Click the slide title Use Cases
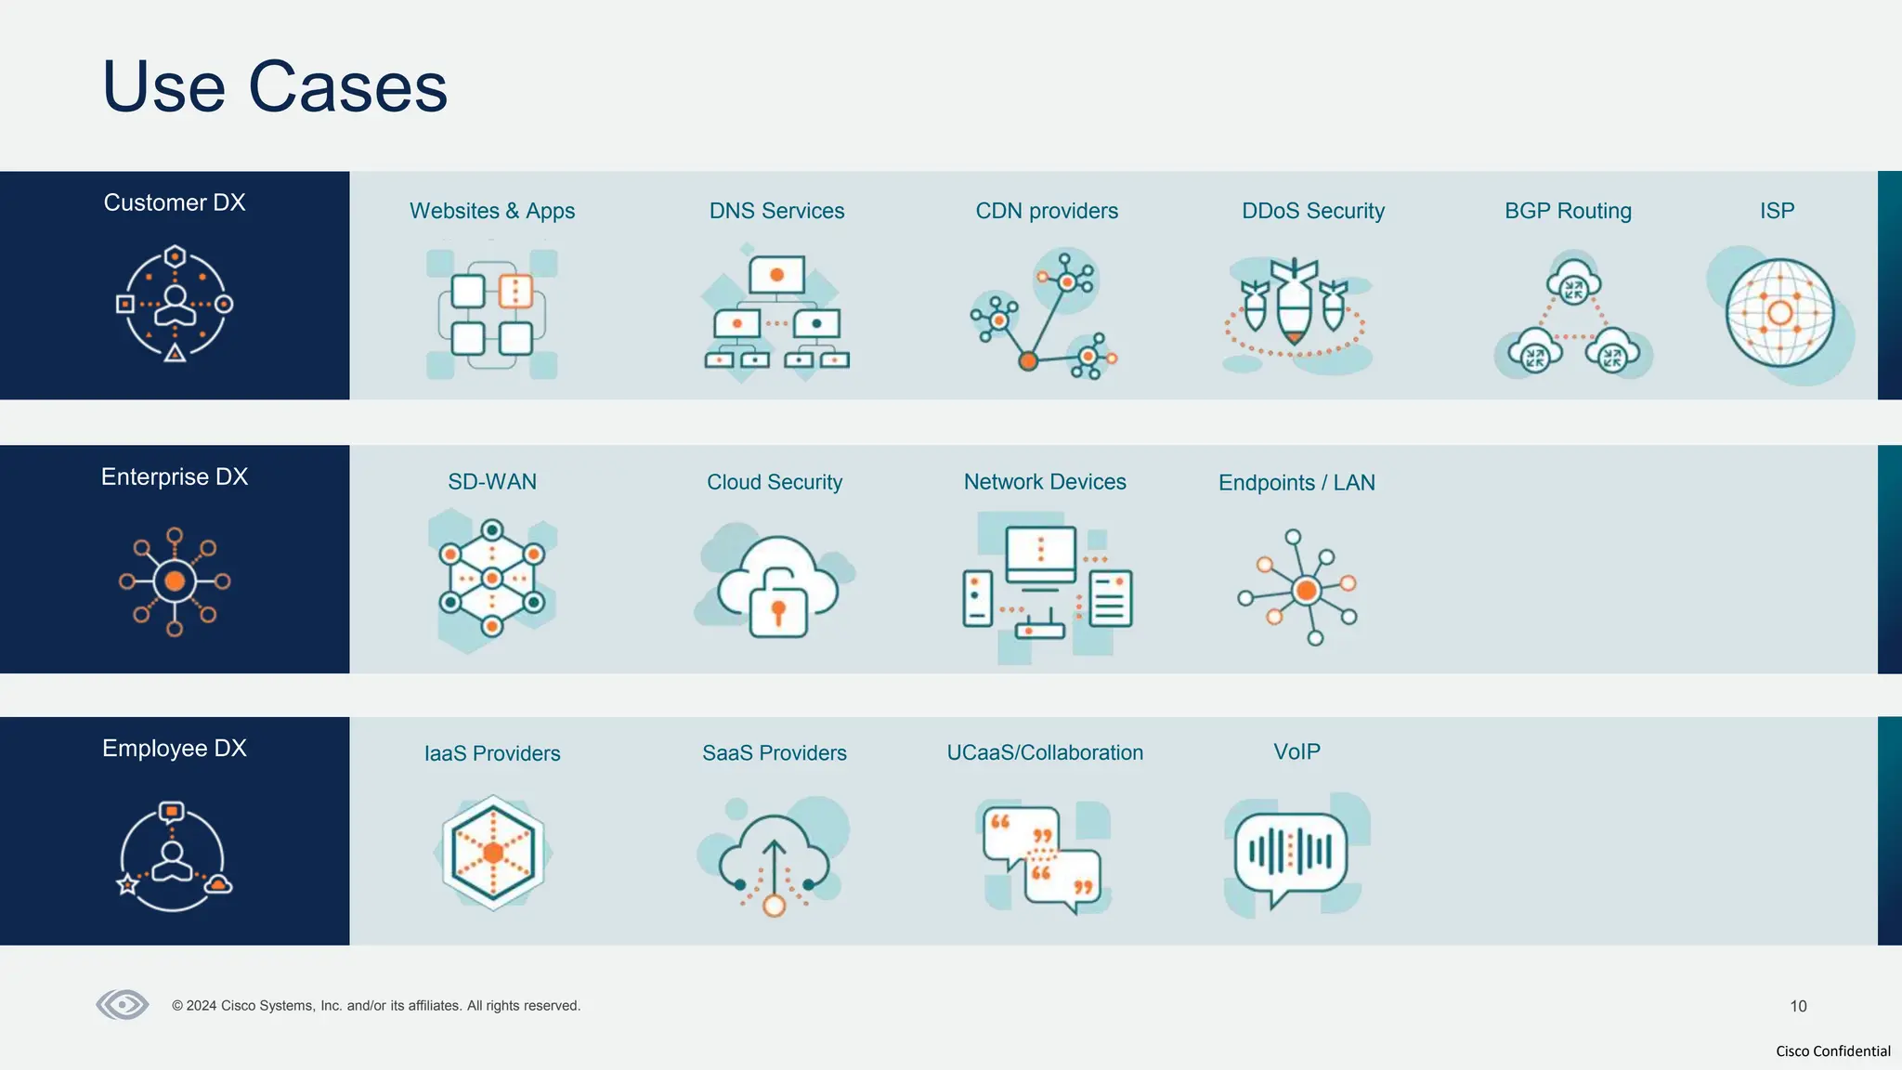[275, 87]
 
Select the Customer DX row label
[175, 202]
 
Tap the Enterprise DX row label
[175, 476]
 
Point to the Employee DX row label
[175, 748]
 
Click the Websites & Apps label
[492, 211]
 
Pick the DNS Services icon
[776, 313]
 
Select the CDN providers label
[1047, 211]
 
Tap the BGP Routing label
[1568, 211]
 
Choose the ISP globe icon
[1779, 313]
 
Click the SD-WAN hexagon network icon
[492, 579]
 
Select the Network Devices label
[1045, 482]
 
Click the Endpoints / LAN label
[1296, 483]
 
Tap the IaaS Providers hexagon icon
[493, 852]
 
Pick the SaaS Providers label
[775, 753]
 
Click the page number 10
[1798, 1006]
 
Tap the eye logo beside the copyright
[123, 1004]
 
